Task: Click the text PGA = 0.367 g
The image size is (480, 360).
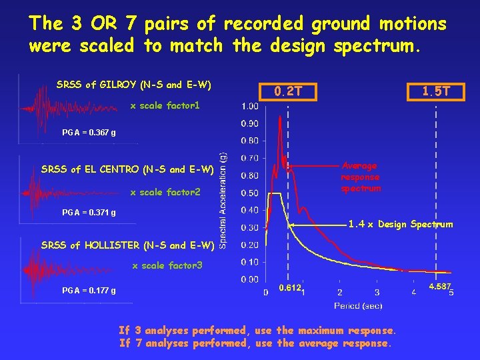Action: pyautogui.click(x=89, y=133)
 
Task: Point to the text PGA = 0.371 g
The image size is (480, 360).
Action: pyautogui.click(x=89, y=213)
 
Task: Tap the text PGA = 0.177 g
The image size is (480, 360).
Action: pyautogui.click(x=89, y=291)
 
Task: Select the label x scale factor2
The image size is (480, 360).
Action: pyautogui.click(x=165, y=193)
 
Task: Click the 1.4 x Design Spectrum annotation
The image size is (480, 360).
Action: pyautogui.click(x=400, y=224)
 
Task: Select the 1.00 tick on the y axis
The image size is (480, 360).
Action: pyautogui.click(x=251, y=107)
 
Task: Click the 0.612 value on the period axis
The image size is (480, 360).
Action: pyautogui.click(x=289, y=287)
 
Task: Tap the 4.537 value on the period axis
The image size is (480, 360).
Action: pyautogui.click(x=439, y=287)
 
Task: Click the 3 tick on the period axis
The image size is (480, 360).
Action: pyautogui.click(x=377, y=292)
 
